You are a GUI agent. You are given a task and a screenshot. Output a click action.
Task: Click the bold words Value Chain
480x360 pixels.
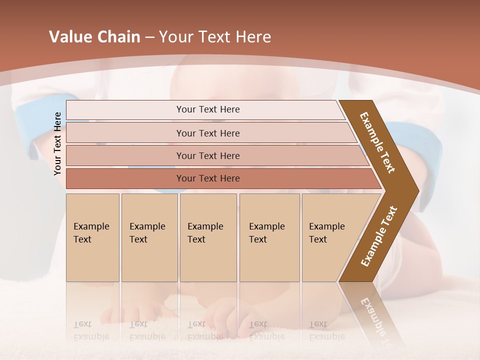pyautogui.click(x=94, y=37)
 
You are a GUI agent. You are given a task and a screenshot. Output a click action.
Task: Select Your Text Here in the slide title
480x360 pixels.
pyautogui.click(x=215, y=37)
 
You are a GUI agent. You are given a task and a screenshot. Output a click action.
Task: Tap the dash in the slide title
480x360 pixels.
pyautogui.click(x=149, y=37)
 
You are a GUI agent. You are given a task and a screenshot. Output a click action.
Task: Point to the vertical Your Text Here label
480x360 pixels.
pyautogui.click(x=57, y=143)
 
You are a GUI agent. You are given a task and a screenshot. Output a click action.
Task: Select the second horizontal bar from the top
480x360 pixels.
pyautogui.click(x=207, y=133)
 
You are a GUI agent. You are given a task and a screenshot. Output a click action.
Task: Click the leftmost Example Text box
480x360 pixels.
pyautogui.click(x=92, y=237)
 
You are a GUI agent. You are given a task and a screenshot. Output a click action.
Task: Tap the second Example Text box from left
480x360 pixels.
pyautogui.click(x=149, y=237)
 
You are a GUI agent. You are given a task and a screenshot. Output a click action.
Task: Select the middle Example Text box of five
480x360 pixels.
pyautogui.click(x=208, y=237)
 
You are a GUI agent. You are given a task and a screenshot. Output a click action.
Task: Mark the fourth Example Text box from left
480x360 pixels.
pyautogui.click(x=269, y=237)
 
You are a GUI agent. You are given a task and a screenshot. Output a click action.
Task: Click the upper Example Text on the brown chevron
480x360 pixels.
pyautogui.click(x=377, y=142)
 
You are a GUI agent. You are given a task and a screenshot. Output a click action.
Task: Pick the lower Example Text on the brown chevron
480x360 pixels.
pyautogui.click(x=379, y=236)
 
